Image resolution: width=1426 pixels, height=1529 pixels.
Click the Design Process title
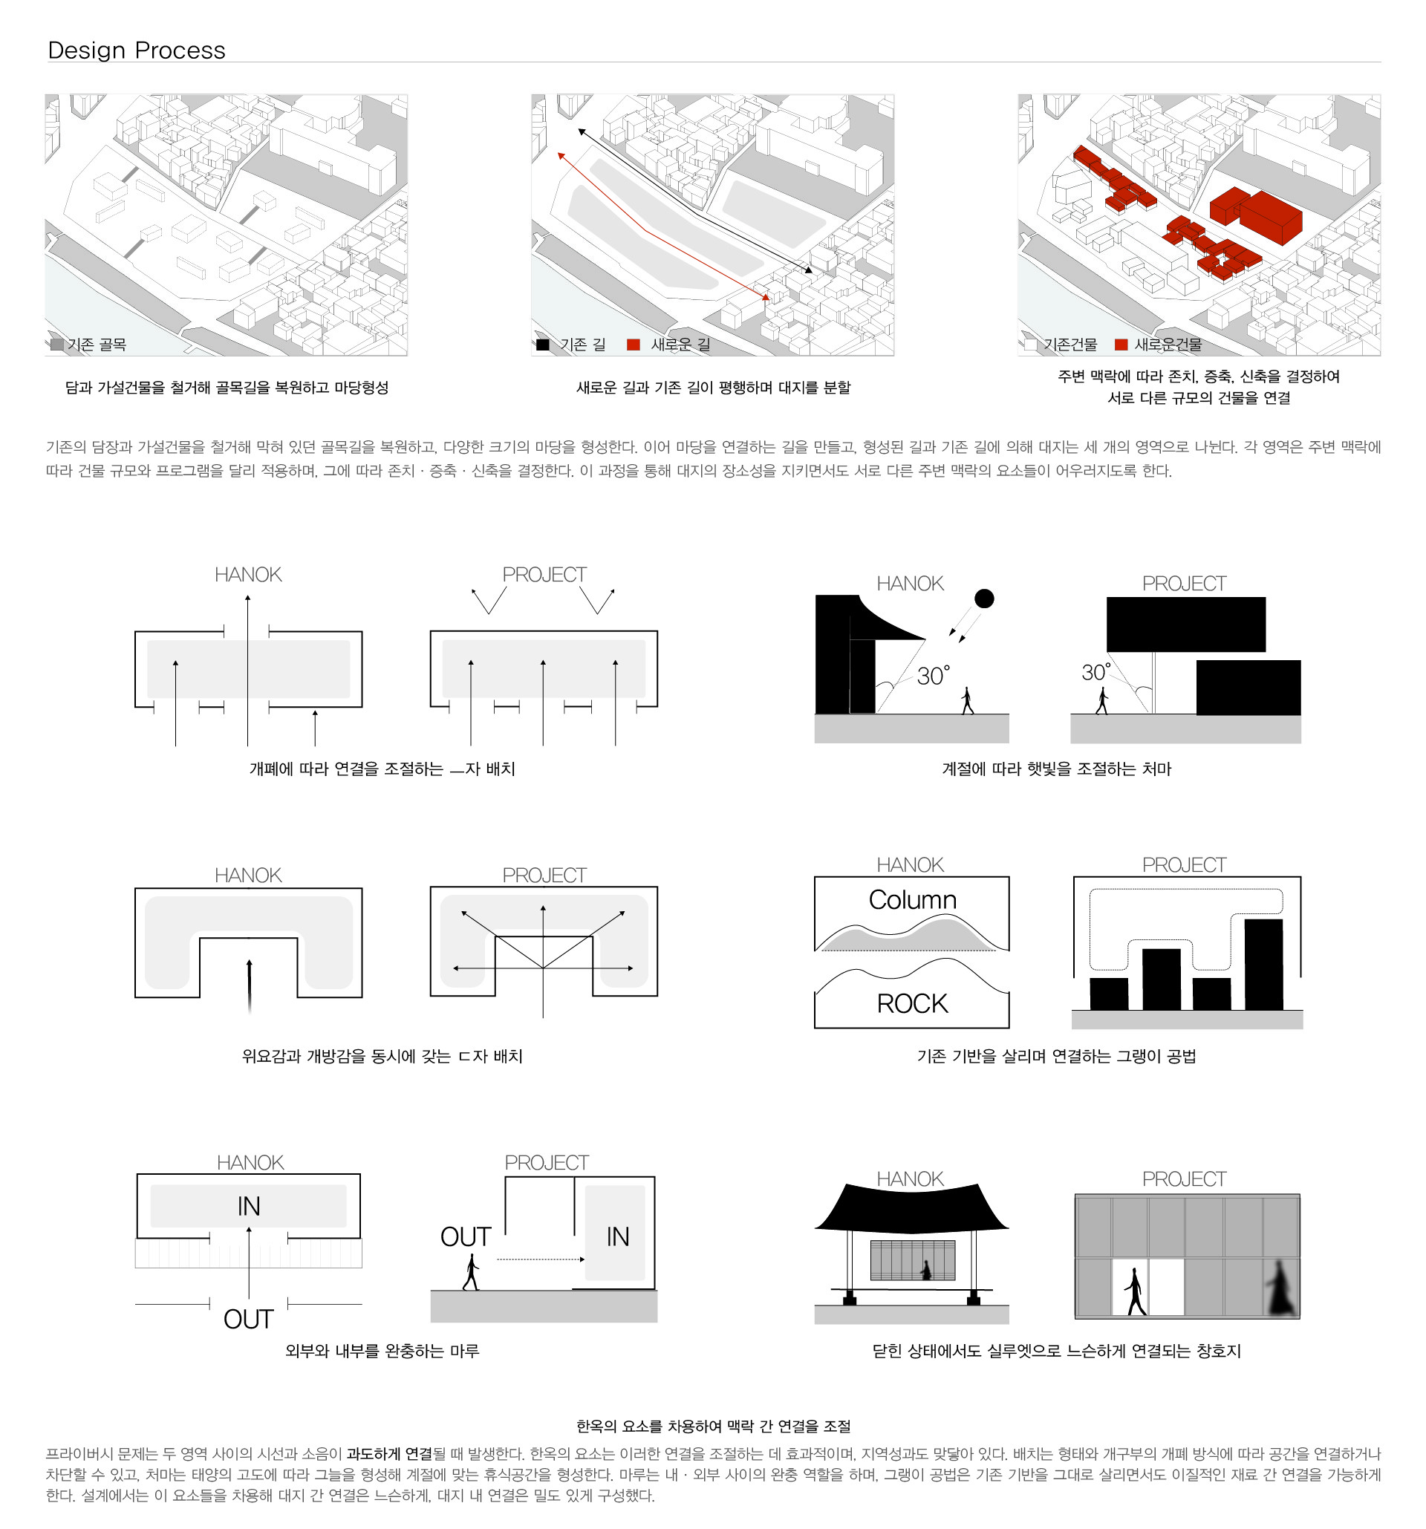point(136,50)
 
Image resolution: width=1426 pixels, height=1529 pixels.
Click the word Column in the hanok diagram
point(912,899)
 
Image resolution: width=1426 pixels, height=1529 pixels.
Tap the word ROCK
point(912,1003)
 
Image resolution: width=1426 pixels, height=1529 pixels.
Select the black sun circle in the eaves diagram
point(984,599)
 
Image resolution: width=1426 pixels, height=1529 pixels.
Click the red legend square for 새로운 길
point(633,345)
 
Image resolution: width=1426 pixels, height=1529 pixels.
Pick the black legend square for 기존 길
point(543,345)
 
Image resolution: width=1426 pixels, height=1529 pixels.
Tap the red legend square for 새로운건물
point(1121,345)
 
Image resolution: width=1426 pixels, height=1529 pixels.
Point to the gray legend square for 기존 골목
point(57,344)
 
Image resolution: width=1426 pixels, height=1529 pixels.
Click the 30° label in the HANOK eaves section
point(933,675)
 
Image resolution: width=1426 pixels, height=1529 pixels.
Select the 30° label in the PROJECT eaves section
point(1096,671)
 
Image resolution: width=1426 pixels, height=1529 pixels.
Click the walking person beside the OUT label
point(471,1272)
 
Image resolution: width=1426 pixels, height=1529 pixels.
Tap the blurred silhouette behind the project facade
point(1279,1288)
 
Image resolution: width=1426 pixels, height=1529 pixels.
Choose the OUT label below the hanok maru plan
point(247,1319)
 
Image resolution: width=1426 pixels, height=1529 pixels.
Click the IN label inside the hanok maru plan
point(248,1206)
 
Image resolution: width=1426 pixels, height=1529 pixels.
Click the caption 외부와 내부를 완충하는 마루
point(382,1351)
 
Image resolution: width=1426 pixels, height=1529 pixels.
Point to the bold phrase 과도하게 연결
point(389,1454)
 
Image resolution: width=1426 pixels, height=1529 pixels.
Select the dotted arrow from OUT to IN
point(540,1259)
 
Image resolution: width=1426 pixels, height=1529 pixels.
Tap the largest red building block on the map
point(1269,215)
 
